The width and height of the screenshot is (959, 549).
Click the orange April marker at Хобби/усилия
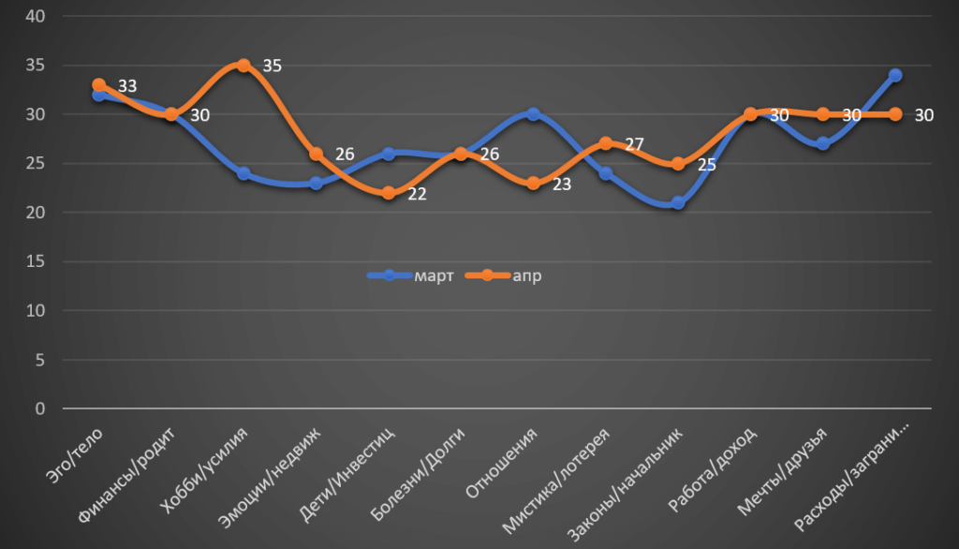point(243,66)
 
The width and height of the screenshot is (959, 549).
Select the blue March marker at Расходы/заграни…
point(895,75)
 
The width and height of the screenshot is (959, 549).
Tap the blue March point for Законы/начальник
point(678,203)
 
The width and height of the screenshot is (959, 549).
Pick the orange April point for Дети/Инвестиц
point(388,193)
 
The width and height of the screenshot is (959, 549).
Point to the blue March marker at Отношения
point(533,114)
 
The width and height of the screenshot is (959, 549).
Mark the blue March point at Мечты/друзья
point(823,144)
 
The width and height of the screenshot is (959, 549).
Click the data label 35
point(273,66)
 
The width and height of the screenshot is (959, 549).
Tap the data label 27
point(634,145)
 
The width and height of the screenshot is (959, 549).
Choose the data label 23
point(562,185)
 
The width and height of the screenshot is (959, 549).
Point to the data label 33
point(128,86)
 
